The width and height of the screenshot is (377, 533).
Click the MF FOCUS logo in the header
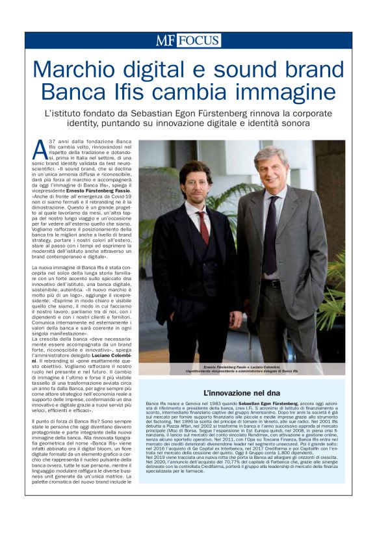pos(188,41)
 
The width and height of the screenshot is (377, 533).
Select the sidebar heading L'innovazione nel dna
pos(241,393)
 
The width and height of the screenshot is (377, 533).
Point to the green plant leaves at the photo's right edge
pos(334,292)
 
